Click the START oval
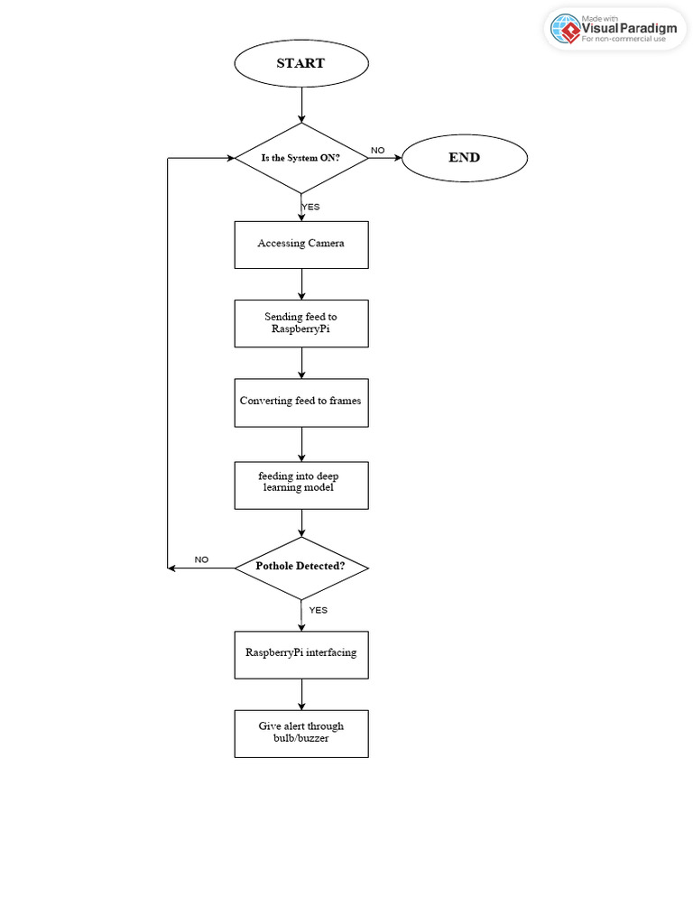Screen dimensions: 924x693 pos(300,63)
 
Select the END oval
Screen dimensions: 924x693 pos(464,158)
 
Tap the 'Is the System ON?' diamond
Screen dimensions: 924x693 pos(300,158)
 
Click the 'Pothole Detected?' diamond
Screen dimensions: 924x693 pos(300,568)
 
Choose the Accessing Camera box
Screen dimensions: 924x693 pos(300,244)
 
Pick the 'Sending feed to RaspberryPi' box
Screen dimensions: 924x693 pos(300,323)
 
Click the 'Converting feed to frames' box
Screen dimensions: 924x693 pos(300,402)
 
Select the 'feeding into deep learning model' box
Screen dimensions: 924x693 pos(300,482)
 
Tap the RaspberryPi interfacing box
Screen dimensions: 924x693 pos(300,653)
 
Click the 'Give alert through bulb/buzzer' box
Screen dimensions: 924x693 pos(300,733)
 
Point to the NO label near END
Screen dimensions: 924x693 pos(377,150)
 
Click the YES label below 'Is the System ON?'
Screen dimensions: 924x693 pos(310,207)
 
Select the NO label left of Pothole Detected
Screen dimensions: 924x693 pos(201,559)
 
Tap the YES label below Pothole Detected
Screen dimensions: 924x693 pos(318,610)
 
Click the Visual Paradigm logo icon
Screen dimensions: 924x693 pos(566,29)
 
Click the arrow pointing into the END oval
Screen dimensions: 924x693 pos(384,158)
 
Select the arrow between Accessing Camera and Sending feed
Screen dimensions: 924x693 pos(300,283)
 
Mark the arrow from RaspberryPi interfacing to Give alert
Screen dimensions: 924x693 pos(300,694)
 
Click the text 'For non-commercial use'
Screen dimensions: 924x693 pos(629,40)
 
